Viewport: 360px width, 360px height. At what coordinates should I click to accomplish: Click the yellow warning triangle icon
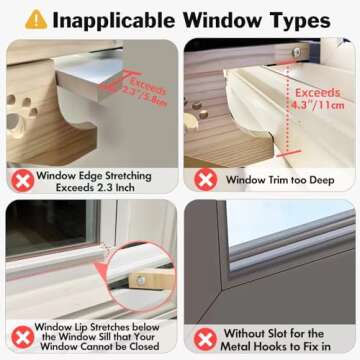tap(36, 19)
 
